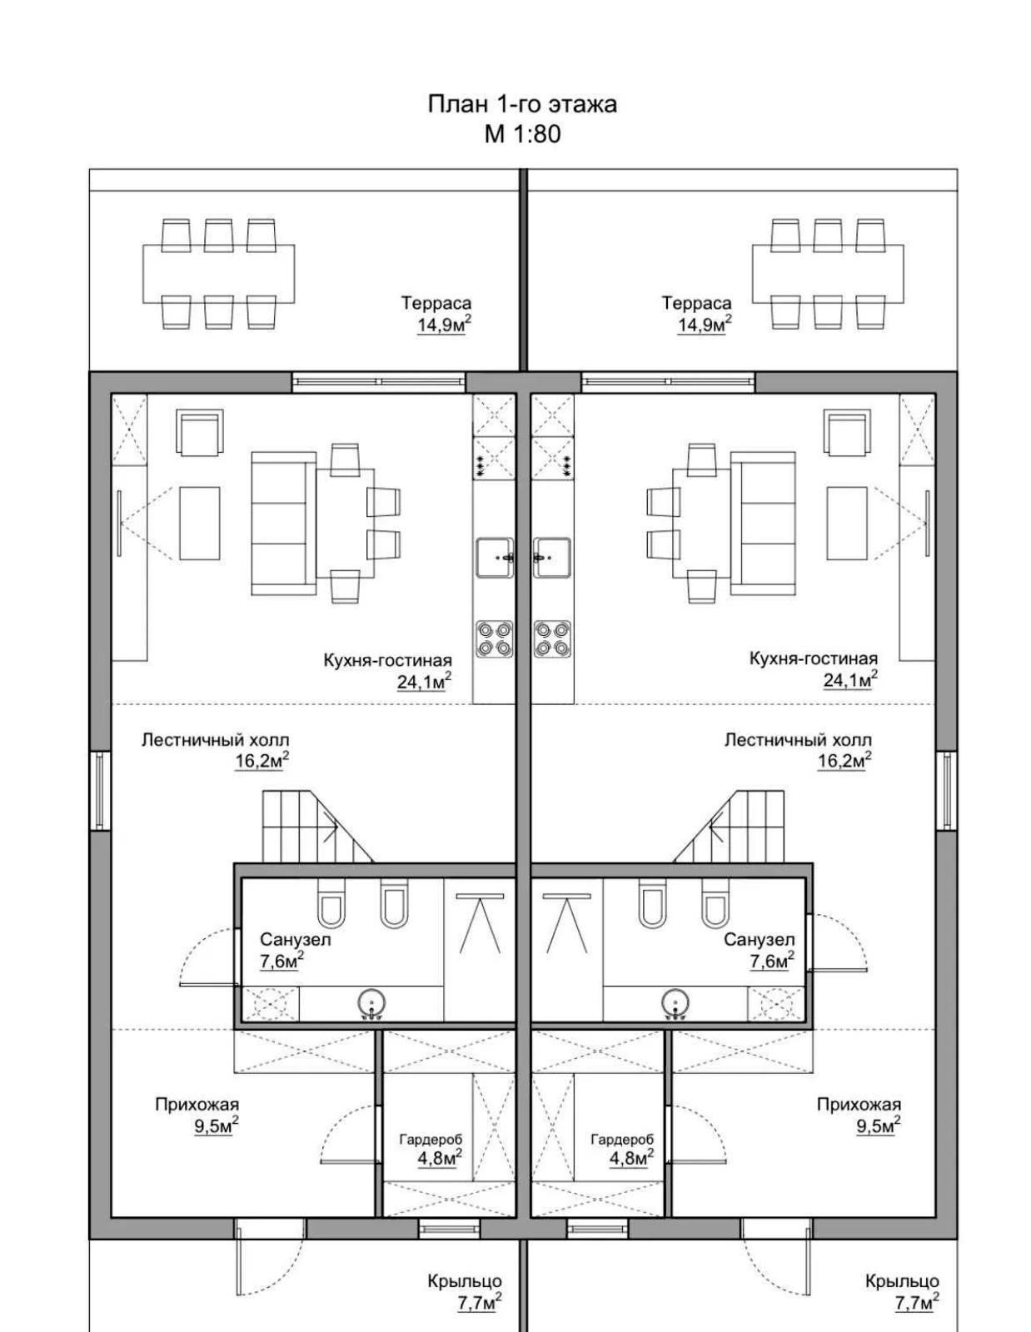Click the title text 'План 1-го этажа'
[521, 104]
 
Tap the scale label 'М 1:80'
[522, 134]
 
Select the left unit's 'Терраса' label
[436, 303]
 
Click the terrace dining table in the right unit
[828, 274]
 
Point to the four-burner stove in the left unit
[494, 639]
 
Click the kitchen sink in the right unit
[551, 558]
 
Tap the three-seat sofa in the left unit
[283, 523]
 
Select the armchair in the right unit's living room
[847, 433]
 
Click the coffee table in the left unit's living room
[199, 523]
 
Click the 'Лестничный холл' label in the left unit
[215, 740]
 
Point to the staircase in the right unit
[729, 827]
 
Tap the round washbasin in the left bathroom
[371, 1004]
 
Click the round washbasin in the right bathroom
[675, 1004]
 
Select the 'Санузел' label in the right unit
[759, 940]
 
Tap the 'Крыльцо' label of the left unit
[465, 1280]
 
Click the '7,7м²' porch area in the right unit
[917, 1302]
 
